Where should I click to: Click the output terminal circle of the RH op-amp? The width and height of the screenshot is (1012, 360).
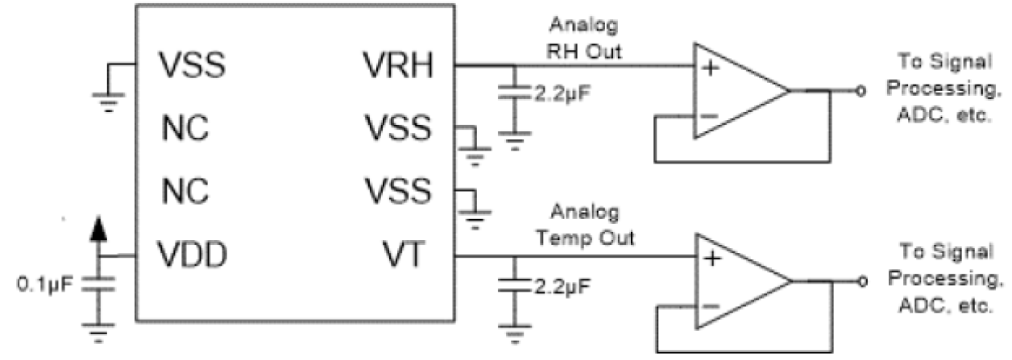click(861, 92)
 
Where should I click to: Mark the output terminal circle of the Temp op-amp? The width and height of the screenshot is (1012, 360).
click(861, 282)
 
